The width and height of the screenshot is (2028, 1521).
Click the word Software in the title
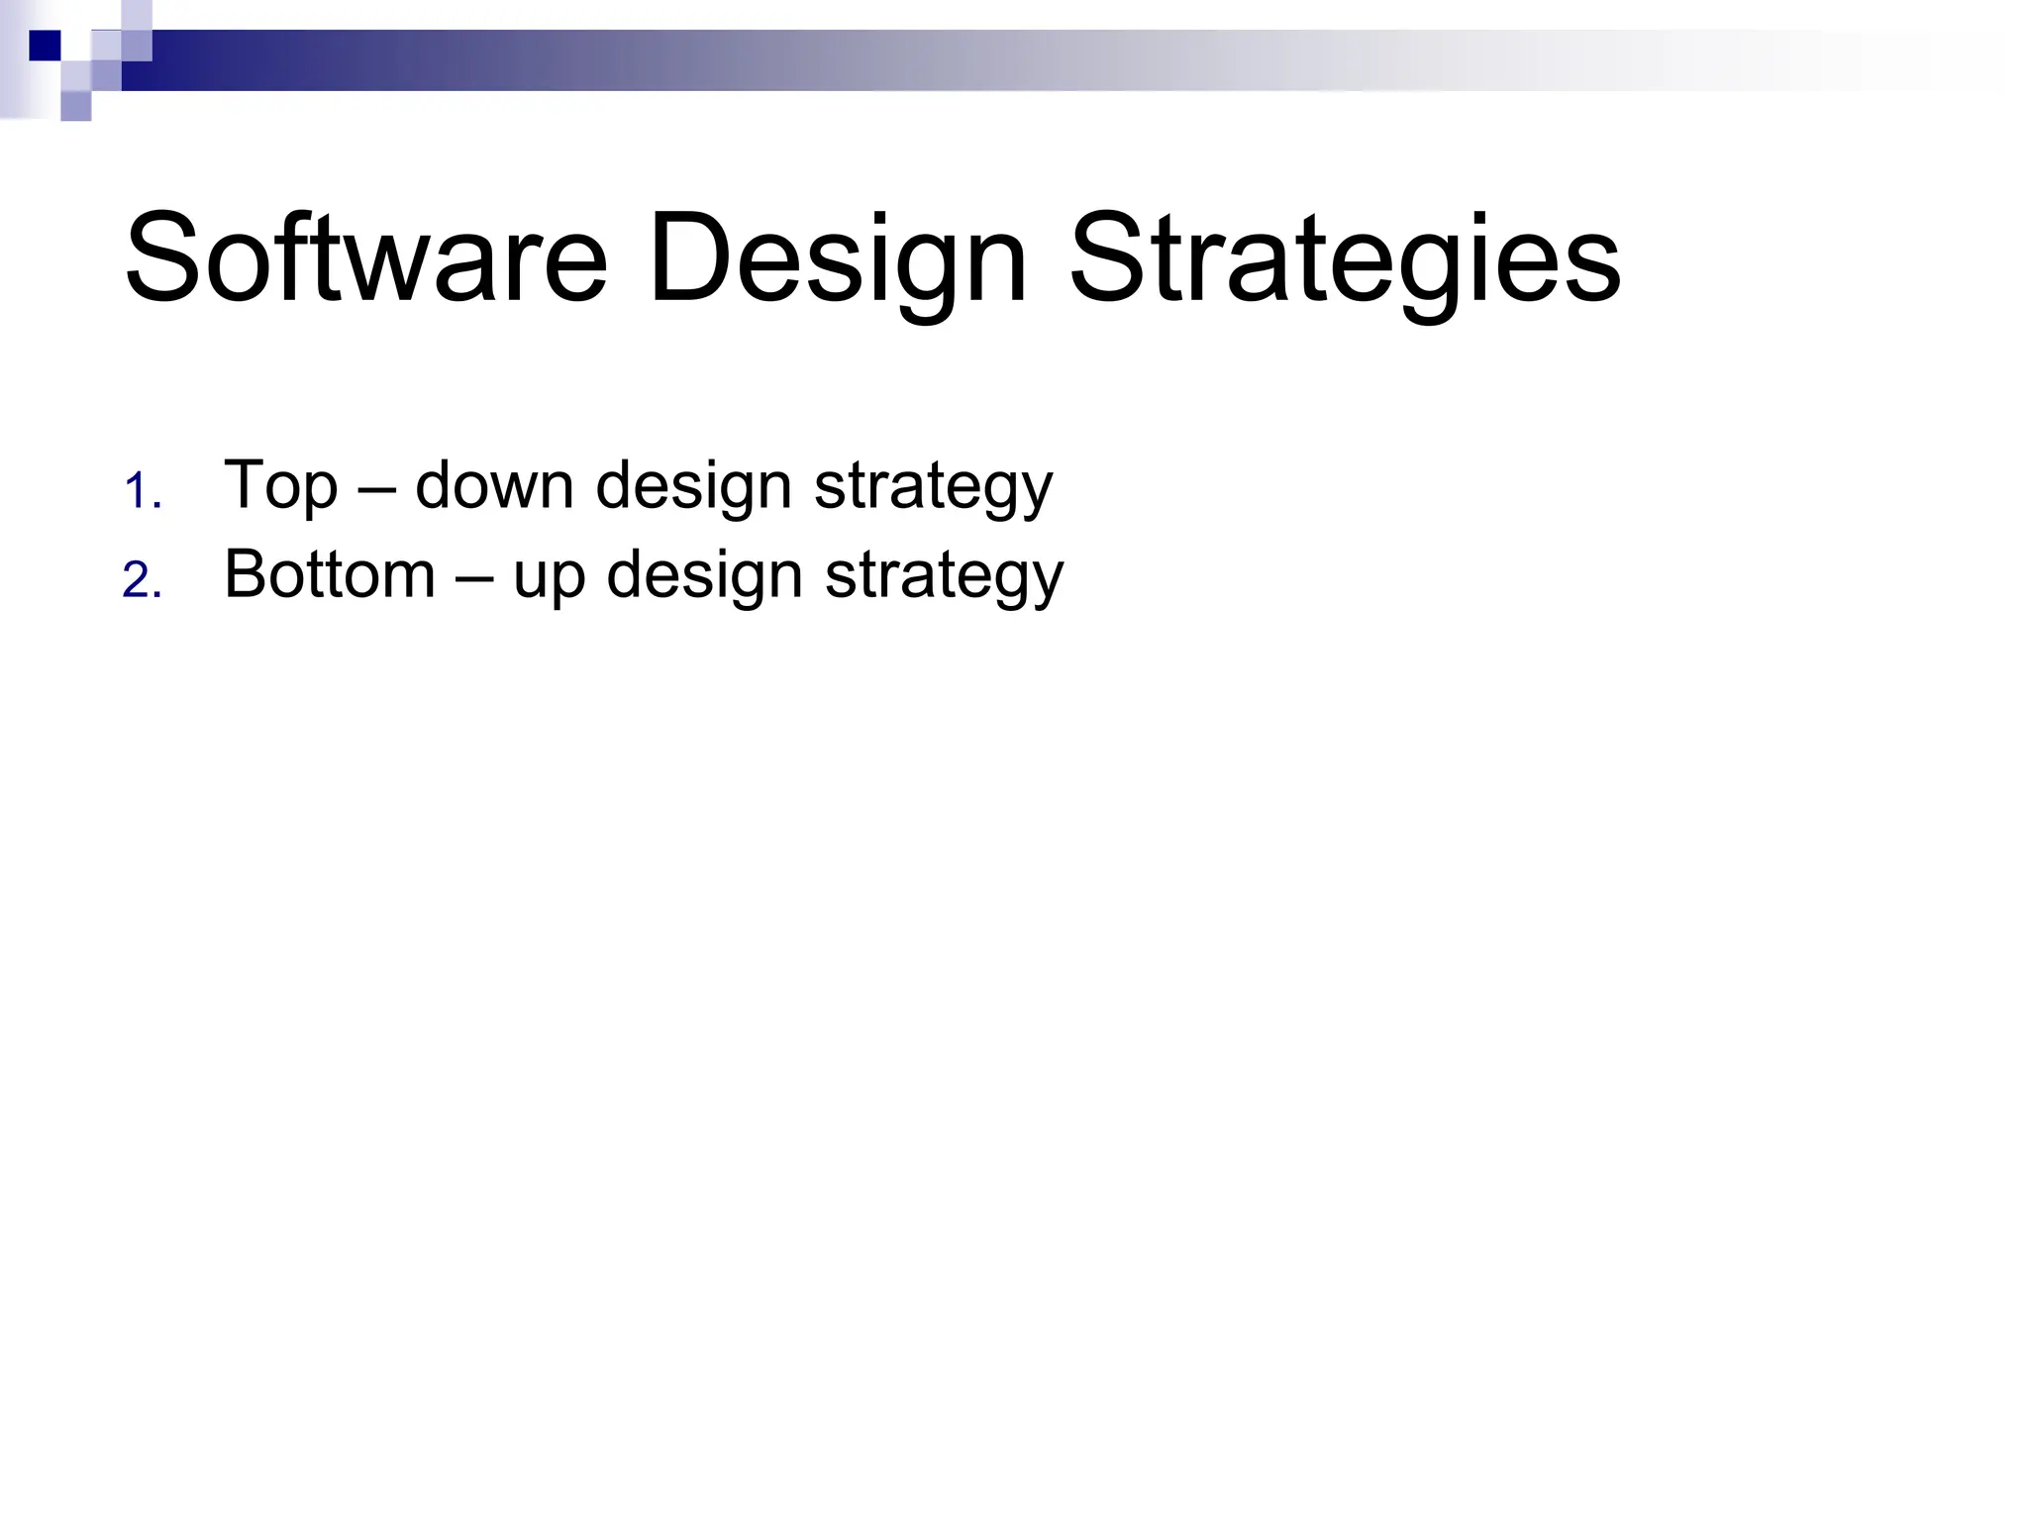365,259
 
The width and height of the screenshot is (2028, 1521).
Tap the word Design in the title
838,259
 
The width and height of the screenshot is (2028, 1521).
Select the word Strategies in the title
1345,259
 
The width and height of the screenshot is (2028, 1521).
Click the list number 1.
141,492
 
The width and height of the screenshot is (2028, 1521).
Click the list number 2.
141,580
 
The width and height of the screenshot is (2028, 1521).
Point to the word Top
281,486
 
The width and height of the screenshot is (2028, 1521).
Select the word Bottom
330,573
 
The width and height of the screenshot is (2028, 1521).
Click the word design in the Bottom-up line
703,574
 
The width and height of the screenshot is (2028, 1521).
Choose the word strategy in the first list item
933,486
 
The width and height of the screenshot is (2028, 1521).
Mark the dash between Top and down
376,488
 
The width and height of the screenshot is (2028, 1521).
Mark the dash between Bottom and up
474,576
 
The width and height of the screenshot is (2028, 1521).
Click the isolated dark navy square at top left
45,46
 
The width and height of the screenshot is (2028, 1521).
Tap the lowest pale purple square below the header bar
76,106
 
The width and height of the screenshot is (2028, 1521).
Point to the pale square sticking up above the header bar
137,15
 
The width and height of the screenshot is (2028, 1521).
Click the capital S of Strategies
1107,259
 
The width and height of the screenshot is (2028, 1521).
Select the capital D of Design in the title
693,259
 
